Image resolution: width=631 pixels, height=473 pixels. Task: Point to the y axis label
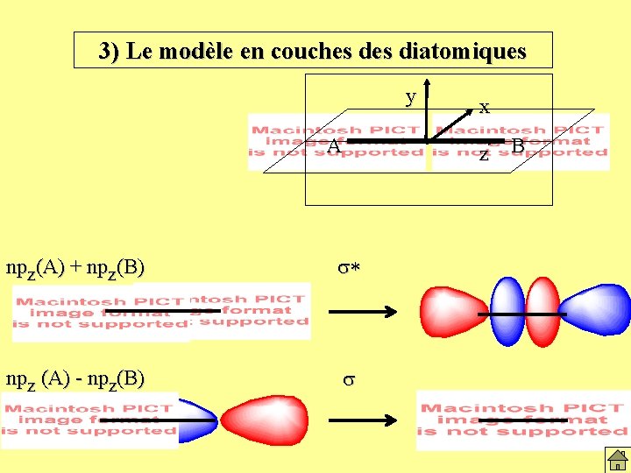click(409, 96)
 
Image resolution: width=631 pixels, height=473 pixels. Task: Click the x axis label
click(484, 108)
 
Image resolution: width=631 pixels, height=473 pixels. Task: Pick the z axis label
click(484, 155)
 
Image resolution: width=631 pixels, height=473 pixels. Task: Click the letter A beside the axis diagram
click(333, 146)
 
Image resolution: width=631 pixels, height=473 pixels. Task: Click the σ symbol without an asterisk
click(348, 380)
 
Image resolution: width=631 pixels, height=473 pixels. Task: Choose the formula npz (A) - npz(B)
click(75, 378)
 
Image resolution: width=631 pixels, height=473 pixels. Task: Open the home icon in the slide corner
click(618, 459)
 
